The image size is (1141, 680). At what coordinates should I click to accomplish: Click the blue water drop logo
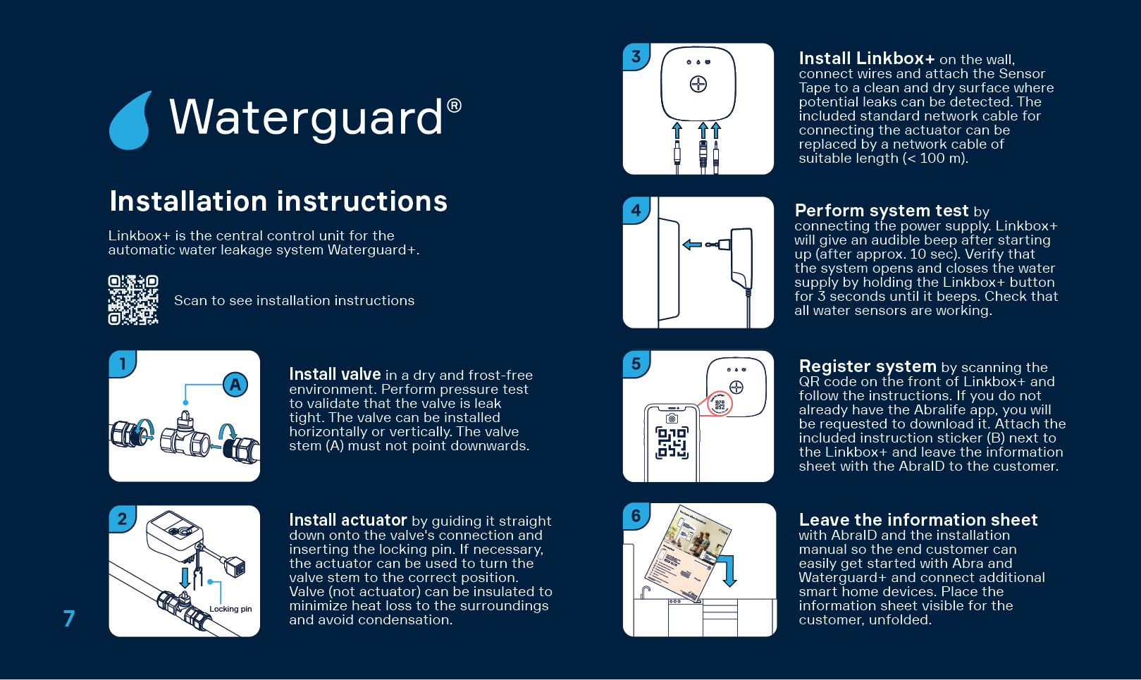click(x=131, y=121)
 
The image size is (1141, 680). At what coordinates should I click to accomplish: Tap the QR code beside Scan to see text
click(x=133, y=300)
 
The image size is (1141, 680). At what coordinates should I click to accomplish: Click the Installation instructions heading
click(x=278, y=202)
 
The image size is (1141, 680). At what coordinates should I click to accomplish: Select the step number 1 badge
click(x=123, y=364)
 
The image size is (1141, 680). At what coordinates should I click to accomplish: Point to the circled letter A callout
click(x=235, y=385)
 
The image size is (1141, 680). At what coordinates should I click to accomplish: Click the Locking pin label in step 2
click(x=230, y=609)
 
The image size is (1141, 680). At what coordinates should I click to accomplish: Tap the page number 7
click(x=69, y=619)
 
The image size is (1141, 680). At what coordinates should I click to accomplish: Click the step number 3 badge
click(x=636, y=56)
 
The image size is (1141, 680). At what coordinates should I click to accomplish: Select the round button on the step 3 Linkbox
click(x=698, y=85)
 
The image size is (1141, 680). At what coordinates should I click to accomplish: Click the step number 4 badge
click(x=636, y=210)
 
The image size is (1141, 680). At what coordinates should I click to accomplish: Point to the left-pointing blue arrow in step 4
click(x=692, y=245)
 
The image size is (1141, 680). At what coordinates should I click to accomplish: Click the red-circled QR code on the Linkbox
click(x=720, y=404)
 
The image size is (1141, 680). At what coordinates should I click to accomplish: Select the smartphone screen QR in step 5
click(x=672, y=443)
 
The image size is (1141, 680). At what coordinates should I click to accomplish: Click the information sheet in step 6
click(x=687, y=553)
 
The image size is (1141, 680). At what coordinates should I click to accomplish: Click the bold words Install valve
click(x=335, y=374)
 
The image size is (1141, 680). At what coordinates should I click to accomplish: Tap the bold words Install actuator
click(x=348, y=520)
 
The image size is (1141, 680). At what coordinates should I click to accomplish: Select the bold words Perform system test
click(x=882, y=211)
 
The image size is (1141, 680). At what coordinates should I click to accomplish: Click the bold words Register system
click(x=868, y=366)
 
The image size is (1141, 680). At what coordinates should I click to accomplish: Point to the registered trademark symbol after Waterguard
click(x=455, y=106)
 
